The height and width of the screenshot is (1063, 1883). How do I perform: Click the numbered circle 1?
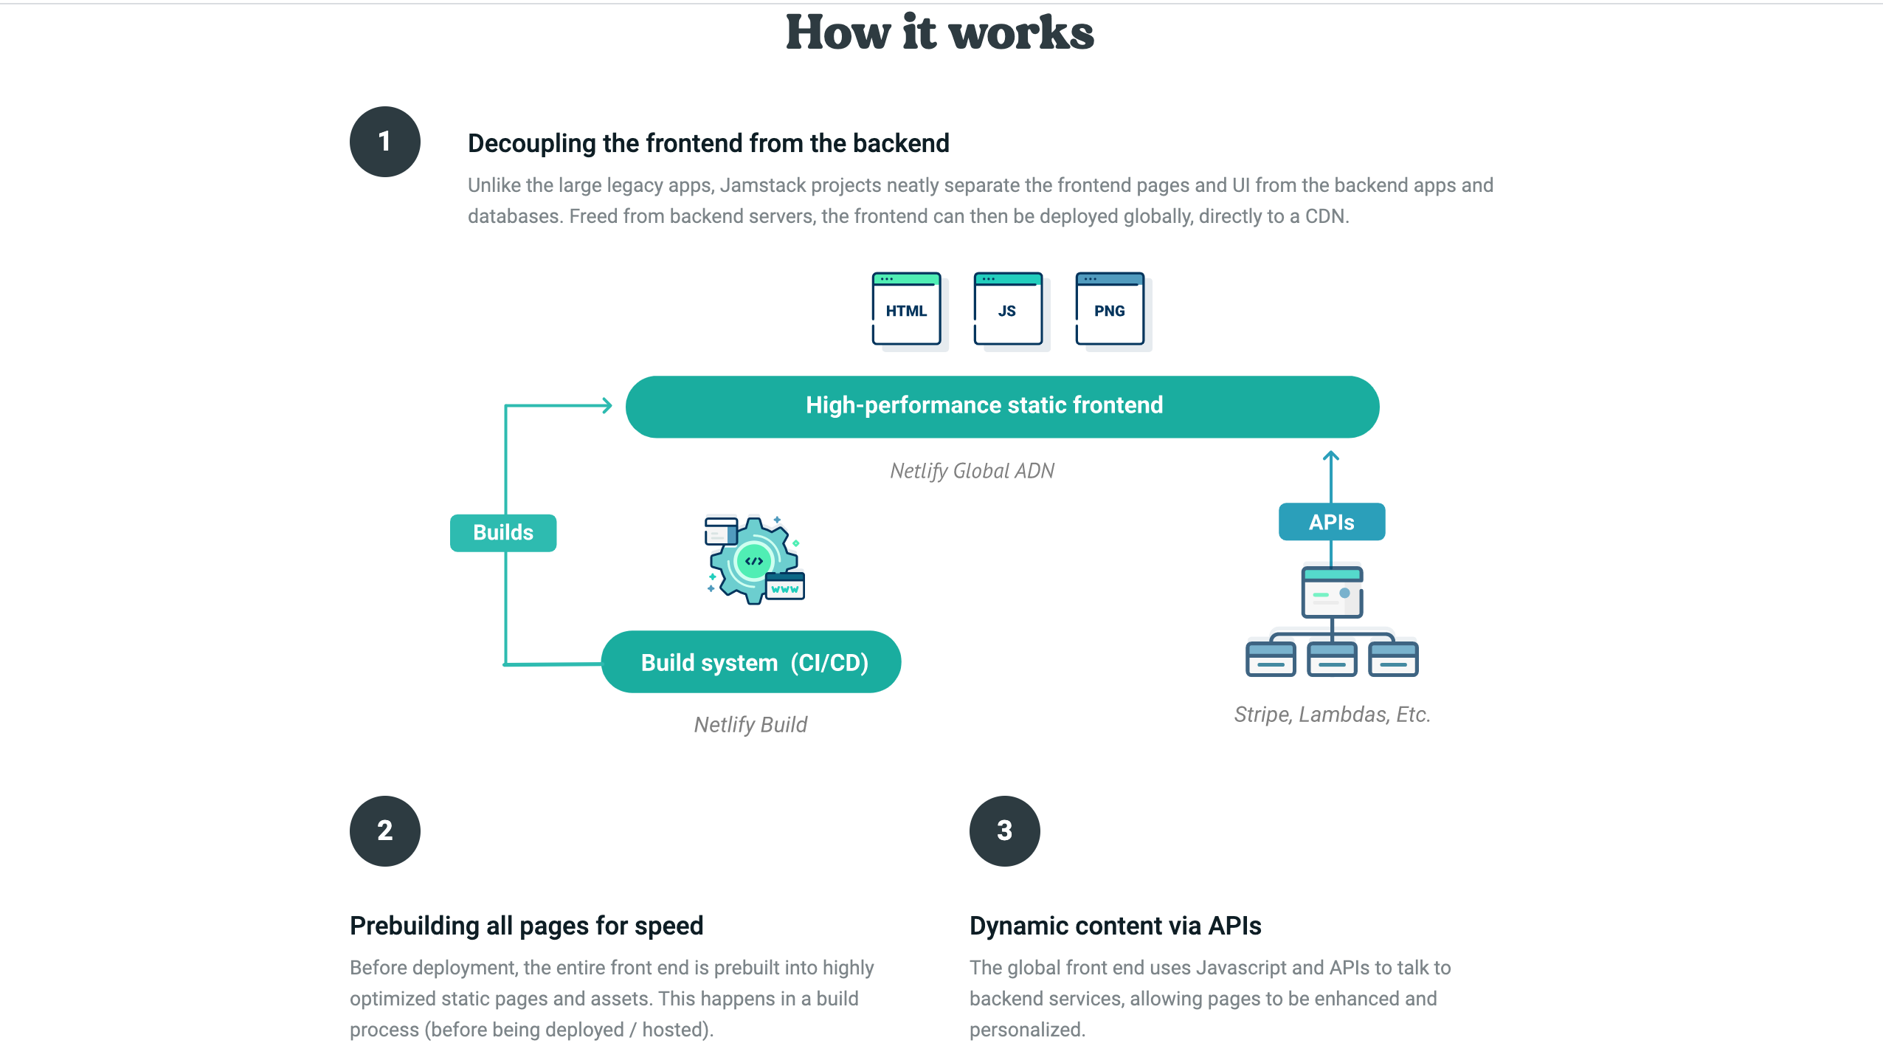click(384, 142)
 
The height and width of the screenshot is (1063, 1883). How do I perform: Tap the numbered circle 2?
click(384, 830)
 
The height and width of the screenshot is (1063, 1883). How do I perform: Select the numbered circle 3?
click(1004, 830)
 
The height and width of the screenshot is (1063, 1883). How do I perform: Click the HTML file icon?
click(906, 309)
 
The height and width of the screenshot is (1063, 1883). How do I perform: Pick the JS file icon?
click(1008, 309)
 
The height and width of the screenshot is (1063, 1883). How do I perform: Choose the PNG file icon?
click(1110, 309)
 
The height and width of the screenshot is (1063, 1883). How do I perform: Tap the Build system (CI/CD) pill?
click(751, 662)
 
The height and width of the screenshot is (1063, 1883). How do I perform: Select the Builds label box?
click(503, 532)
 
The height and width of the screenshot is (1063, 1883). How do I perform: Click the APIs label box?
click(1331, 522)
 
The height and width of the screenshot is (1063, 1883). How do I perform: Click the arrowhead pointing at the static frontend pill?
click(607, 405)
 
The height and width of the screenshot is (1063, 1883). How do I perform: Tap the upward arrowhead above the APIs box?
click(1330, 457)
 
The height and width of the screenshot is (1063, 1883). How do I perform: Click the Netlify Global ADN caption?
click(972, 471)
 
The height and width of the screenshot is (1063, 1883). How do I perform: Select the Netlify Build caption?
click(750, 725)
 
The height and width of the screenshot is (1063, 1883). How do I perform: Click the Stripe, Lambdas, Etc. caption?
click(1332, 715)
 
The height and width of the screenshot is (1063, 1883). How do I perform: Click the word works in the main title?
click(1021, 33)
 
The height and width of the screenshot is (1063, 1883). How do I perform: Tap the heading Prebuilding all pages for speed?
click(526, 926)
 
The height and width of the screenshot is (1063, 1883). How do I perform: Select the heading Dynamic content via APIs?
click(1115, 926)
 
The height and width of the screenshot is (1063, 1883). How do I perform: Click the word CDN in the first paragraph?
click(1325, 216)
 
